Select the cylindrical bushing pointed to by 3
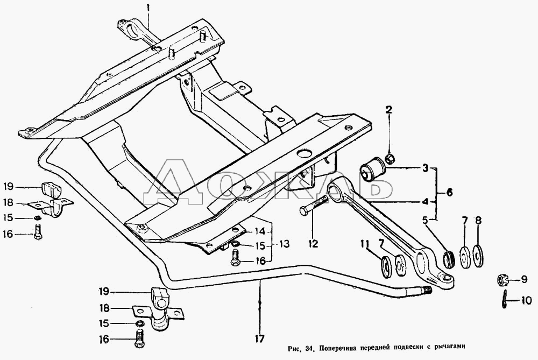(x=373, y=170)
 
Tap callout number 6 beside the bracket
(x=449, y=192)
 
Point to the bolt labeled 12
(x=313, y=207)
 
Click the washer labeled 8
(x=478, y=256)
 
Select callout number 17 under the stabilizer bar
(x=260, y=338)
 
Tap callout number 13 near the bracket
(x=284, y=244)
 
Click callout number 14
(x=260, y=231)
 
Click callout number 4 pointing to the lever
(x=425, y=202)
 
